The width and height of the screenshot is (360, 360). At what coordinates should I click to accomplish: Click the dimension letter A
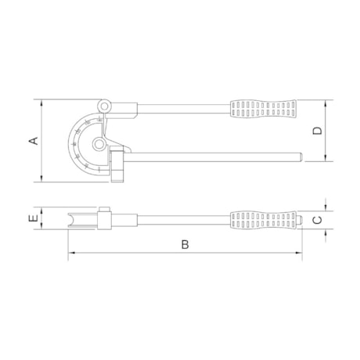[x=33, y=141]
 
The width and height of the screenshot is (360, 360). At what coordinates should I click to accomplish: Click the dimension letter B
[x=185, y=244]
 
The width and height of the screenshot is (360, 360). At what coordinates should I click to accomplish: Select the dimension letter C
[x=317, y=220]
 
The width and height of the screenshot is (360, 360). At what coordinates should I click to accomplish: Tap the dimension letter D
[x=317, y=131]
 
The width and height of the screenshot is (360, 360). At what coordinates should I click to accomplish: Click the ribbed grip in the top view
[x=263, y=107]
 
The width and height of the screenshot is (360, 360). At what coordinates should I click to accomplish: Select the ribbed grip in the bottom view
[x=263, y=220]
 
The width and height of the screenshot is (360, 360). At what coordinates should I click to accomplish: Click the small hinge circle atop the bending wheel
[x=104, y=103]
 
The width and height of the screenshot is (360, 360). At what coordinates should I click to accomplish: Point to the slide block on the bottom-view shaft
[x=104, y=218]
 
